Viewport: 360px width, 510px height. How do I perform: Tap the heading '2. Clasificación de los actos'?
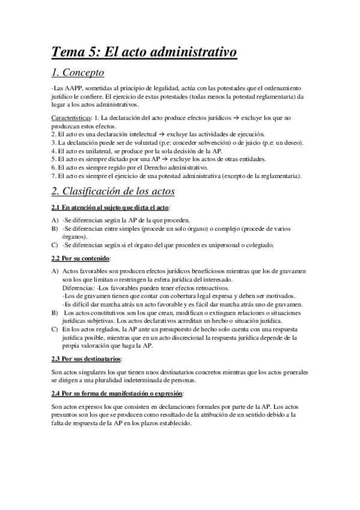[x=113, y=191]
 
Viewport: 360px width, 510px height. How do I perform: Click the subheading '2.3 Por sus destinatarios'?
[x=87, y=359]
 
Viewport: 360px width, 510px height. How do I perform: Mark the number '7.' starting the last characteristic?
[x=54, y=176]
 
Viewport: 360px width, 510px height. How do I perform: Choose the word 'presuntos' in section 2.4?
[x=64, y=416]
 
